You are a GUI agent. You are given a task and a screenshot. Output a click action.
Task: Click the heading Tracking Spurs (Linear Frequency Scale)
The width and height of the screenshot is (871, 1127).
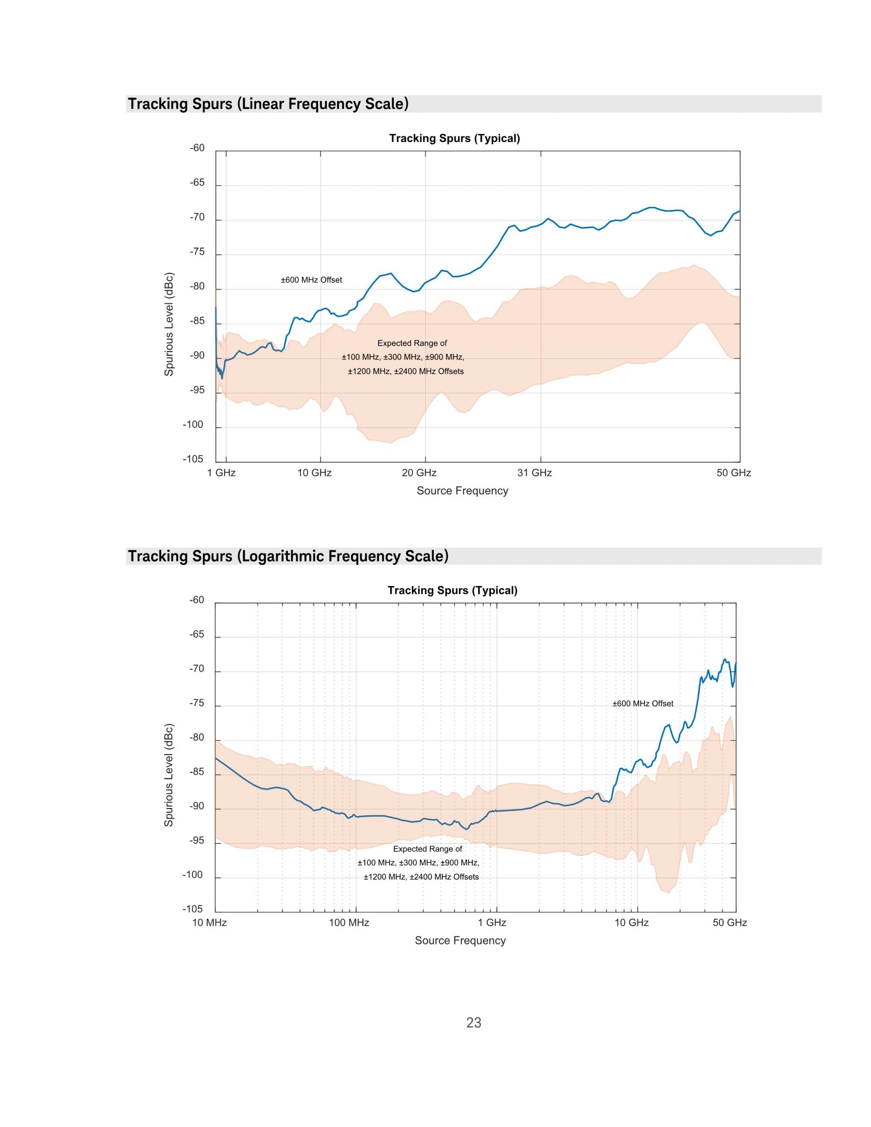pyautogui.click(x=268, y=104)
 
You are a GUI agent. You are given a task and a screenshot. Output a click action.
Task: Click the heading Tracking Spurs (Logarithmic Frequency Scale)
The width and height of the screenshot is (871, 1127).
pyautogui.click(x=289, y=556)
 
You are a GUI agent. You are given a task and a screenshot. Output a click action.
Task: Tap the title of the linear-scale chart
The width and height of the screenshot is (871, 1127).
pyautogui.click(x=455, y=138)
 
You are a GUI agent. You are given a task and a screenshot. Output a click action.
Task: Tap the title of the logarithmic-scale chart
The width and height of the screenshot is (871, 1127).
pyautogui.click(x=453, y=590)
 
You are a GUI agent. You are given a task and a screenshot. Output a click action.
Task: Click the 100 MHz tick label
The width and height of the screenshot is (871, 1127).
pyautogui.click(x=349, y=923)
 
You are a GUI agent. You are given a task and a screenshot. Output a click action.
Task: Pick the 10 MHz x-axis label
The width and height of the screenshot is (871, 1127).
pyautogui.click(x=210, y=923)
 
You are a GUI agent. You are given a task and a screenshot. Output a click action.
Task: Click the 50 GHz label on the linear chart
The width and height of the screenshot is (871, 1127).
pyautogui.click(x=734, y=473)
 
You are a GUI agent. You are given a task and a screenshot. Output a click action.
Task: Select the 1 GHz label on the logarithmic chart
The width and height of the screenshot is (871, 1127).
pyautogui.click(x=492, y=923)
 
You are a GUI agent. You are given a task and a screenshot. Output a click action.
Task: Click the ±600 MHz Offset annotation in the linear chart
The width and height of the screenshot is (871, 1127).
pyautogui.click(x=311, y=279)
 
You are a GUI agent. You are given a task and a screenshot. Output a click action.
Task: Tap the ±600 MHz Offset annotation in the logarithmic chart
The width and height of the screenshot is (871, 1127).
pyautogui.click(x=643, y=703)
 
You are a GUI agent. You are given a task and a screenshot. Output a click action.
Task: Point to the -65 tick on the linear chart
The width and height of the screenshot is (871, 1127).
pyautogui.click(x=197, y=183)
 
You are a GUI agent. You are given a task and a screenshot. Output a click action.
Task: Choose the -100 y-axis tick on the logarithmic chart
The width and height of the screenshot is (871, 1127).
pyautogui.click(x=194, y=875)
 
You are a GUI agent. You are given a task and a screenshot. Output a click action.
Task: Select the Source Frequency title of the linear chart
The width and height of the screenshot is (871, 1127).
pyautogui.click(x=462, y=491)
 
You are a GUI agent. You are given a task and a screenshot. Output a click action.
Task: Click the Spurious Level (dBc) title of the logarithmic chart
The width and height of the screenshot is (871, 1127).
pyautogui.click(x=169, y=774)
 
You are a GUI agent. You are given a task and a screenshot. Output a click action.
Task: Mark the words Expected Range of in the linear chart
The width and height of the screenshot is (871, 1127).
pyautogui.click(x=412, y=343)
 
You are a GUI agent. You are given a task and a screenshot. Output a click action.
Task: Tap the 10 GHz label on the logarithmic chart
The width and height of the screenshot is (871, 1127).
pyautogui.click(x=631, y=923)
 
